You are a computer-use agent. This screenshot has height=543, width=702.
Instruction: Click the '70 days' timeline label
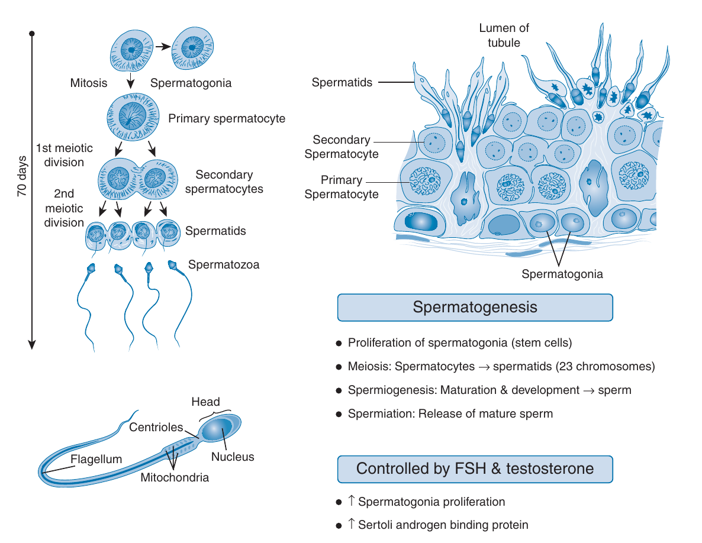pyautogui.click(x=21, y=177)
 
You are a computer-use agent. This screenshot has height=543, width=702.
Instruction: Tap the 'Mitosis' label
pyautogui.click(x=88, y=83)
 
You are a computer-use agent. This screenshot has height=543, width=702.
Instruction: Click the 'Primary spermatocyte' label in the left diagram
pyautogui.click(x=227, y=118)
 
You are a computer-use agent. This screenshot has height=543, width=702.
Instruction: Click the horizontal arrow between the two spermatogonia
pyautogui.click(x=164, y=45)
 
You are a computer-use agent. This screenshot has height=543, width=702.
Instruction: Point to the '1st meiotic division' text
pyautogui.click(x=60, y=154)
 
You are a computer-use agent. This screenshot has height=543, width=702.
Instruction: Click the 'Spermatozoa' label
pyautogui.click(x=224, y=264)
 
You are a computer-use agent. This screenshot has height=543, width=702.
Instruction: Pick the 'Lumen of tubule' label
pyautogui.click(x=504, y=35)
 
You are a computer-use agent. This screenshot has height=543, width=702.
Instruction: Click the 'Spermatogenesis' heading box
pyautogui.click(x=475, y=308)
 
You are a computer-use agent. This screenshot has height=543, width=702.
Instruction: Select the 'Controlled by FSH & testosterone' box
pyautogui.click(x=475, y=469)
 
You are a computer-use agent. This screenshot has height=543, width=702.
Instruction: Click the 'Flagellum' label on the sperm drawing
pyautogui.click(x=96, y=459)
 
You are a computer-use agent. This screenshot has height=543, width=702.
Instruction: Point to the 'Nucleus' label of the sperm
pyautogui.click(x=233, y=457)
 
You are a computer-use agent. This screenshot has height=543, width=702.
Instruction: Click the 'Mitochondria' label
pyautogui.click(x=175, y=477)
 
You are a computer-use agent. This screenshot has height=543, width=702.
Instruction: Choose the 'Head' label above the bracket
pyautogui.click(x=205, y=402)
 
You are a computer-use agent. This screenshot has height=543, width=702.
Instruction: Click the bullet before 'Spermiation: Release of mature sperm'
pyautogui.click(x=339, y=414)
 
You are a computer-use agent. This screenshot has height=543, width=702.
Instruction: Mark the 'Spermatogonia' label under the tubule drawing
pyautogui.click(x=562, y=274)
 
